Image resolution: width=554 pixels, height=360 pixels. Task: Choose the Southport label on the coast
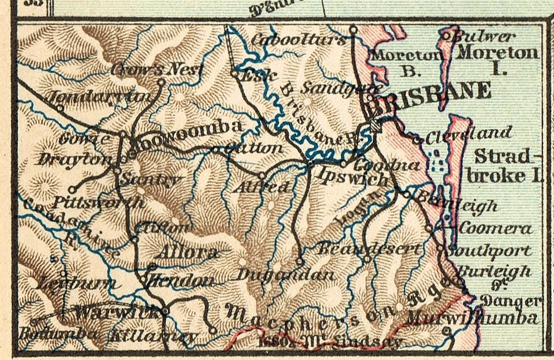[x=489, y=252]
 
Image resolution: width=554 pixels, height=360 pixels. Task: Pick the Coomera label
[x=495, y=228]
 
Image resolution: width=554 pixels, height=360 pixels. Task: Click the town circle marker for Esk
[x=234, y=73]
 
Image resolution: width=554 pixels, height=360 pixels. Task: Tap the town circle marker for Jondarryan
[x=59, y=107]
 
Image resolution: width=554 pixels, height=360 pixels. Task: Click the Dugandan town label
[x=285, y=275]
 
